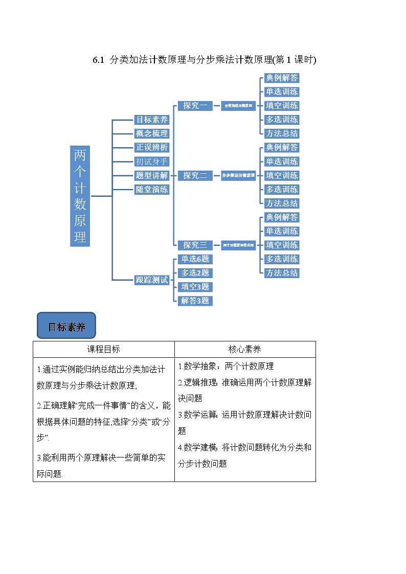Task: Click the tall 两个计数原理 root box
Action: pos(80,196)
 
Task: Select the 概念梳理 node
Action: pos(151,133)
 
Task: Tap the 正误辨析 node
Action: pos(151,147)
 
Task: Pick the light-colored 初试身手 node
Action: pos(151,162)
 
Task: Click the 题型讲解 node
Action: pos(151,175)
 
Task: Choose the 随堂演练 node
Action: pos(151,189)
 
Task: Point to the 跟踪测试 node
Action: pos(151,280)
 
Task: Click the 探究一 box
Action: pos(195,106)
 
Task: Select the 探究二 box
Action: pos(195,175)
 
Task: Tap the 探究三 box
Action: pos(195,245)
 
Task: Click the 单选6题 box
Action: pos(195,259)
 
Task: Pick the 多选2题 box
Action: pos(195,273)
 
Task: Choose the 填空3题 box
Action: pos(195,287)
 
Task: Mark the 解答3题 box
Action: pos(195,301)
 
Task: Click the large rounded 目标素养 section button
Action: pos(66,327)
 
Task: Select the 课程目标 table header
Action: pos(103,349)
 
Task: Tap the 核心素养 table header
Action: pos(244,349)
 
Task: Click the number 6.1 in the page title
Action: pos(98,60)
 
